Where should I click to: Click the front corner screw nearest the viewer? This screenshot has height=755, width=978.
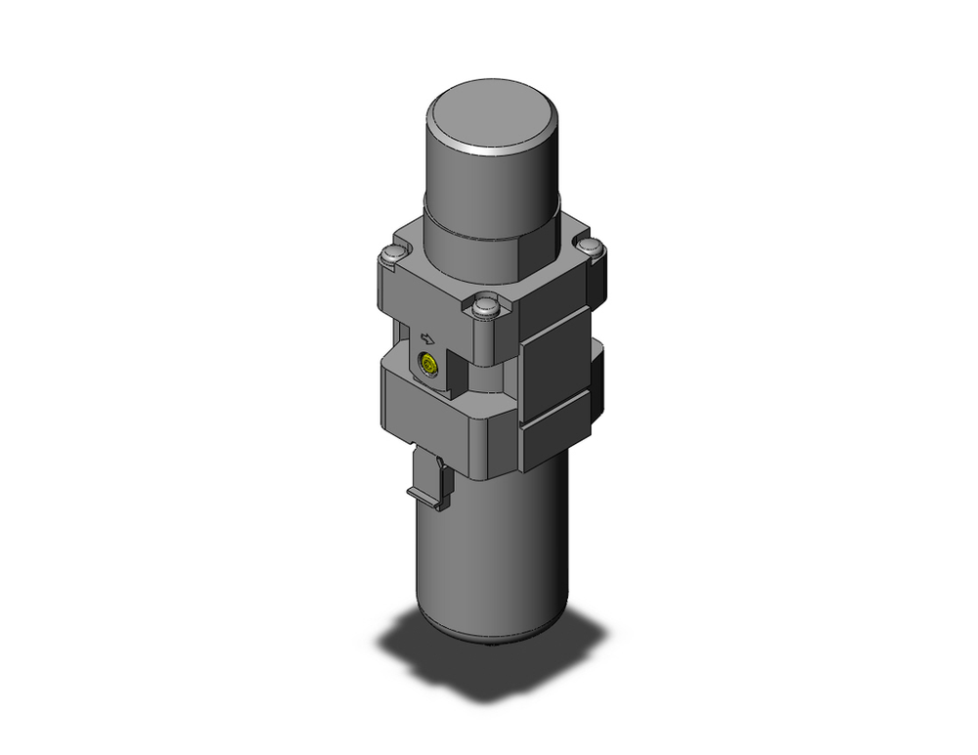click(484, 308)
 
